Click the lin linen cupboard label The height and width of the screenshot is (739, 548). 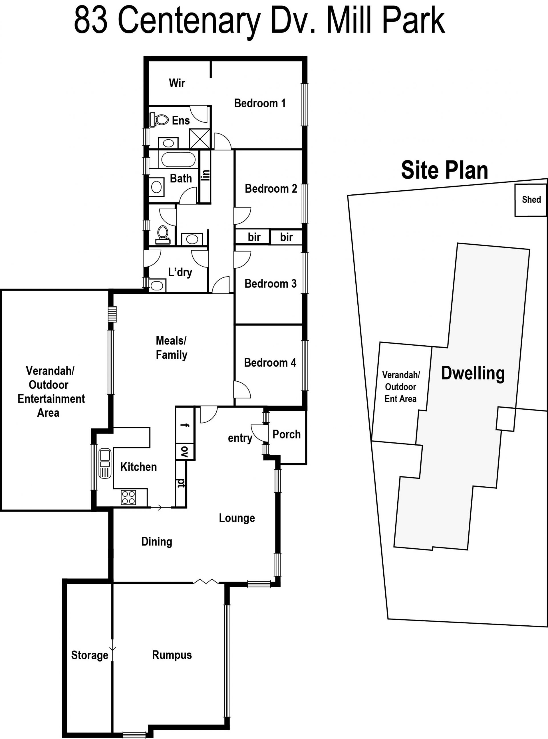click(x=206, y=175)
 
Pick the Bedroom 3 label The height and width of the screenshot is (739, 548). click(x=270, y=284)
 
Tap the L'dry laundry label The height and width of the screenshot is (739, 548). click(x=180, y=272)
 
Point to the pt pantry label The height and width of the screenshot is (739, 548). click(x=182, y=483)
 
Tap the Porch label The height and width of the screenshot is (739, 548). click(x=287, y=434)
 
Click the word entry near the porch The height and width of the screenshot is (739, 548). click(x=240, y=438)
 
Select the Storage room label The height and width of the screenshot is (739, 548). click(x=90, y=655)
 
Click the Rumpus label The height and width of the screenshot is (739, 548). click(x=172, y=655)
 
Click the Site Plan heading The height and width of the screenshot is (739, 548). click(x=444, y=170)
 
